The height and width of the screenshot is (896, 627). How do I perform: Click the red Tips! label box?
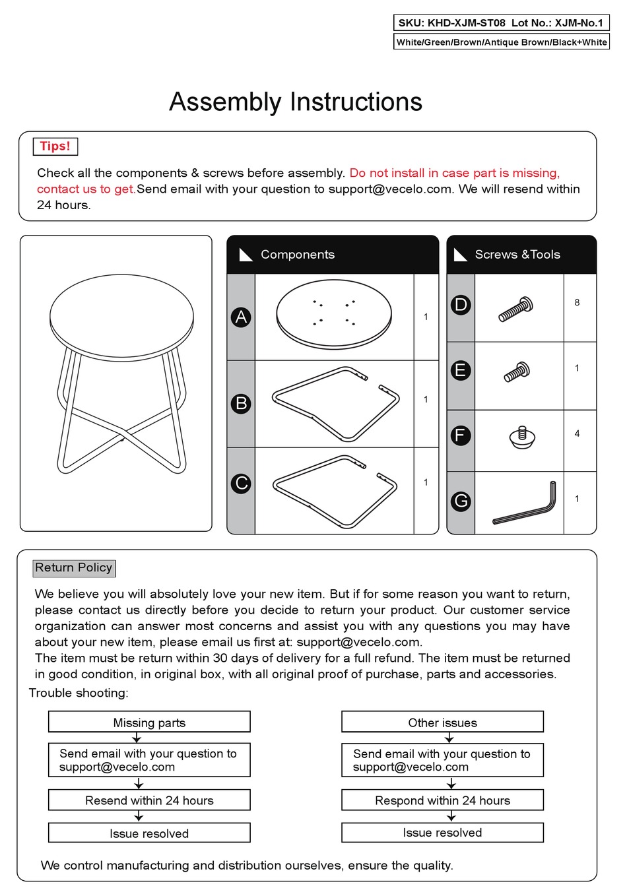click(x=55, y=146)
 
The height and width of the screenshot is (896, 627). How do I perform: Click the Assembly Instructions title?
click(x=296, y=102)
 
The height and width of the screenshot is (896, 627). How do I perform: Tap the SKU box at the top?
click(x=500, y=23)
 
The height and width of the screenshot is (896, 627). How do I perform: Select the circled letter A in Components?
click(x=242, y=317)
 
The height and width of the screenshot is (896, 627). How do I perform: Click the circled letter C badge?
click(x=242, y=484)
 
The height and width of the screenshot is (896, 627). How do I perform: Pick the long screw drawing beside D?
click(x=516, y=309)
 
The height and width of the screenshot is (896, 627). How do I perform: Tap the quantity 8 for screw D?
click(x=577, y=303)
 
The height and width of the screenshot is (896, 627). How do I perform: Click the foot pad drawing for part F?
click(x=522, y=437)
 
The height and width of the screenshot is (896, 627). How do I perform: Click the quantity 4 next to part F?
click(x=577, y=433)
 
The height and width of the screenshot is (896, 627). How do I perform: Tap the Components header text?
click(x=298, y=255)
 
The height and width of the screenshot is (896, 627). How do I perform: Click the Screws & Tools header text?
click(x=517, y=255)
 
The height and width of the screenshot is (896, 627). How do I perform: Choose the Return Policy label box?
click(x=74, y=568)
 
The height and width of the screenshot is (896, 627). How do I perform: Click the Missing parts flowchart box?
click(x=149, y=722)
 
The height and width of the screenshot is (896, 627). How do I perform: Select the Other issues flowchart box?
click(x=442, y=722)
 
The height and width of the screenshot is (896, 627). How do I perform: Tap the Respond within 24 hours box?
click(x=442, y=800)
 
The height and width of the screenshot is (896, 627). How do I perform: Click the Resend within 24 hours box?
click(x=149, y=800)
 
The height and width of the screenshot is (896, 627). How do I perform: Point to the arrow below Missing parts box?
click(x=137, y=738)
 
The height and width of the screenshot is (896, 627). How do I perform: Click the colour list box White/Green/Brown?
click(x=502, y=42)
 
